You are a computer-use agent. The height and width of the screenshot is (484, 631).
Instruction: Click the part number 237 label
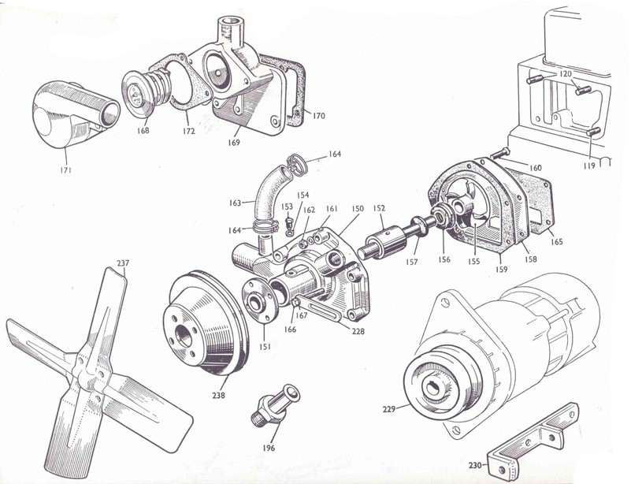[123, 263]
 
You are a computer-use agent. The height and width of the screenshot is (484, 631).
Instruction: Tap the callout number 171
[65, 169]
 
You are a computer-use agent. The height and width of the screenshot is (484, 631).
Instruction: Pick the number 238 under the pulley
[218, 395]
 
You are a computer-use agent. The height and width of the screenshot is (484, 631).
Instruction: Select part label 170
[317, 116]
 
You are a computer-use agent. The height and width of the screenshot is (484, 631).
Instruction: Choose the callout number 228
[358, 332]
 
